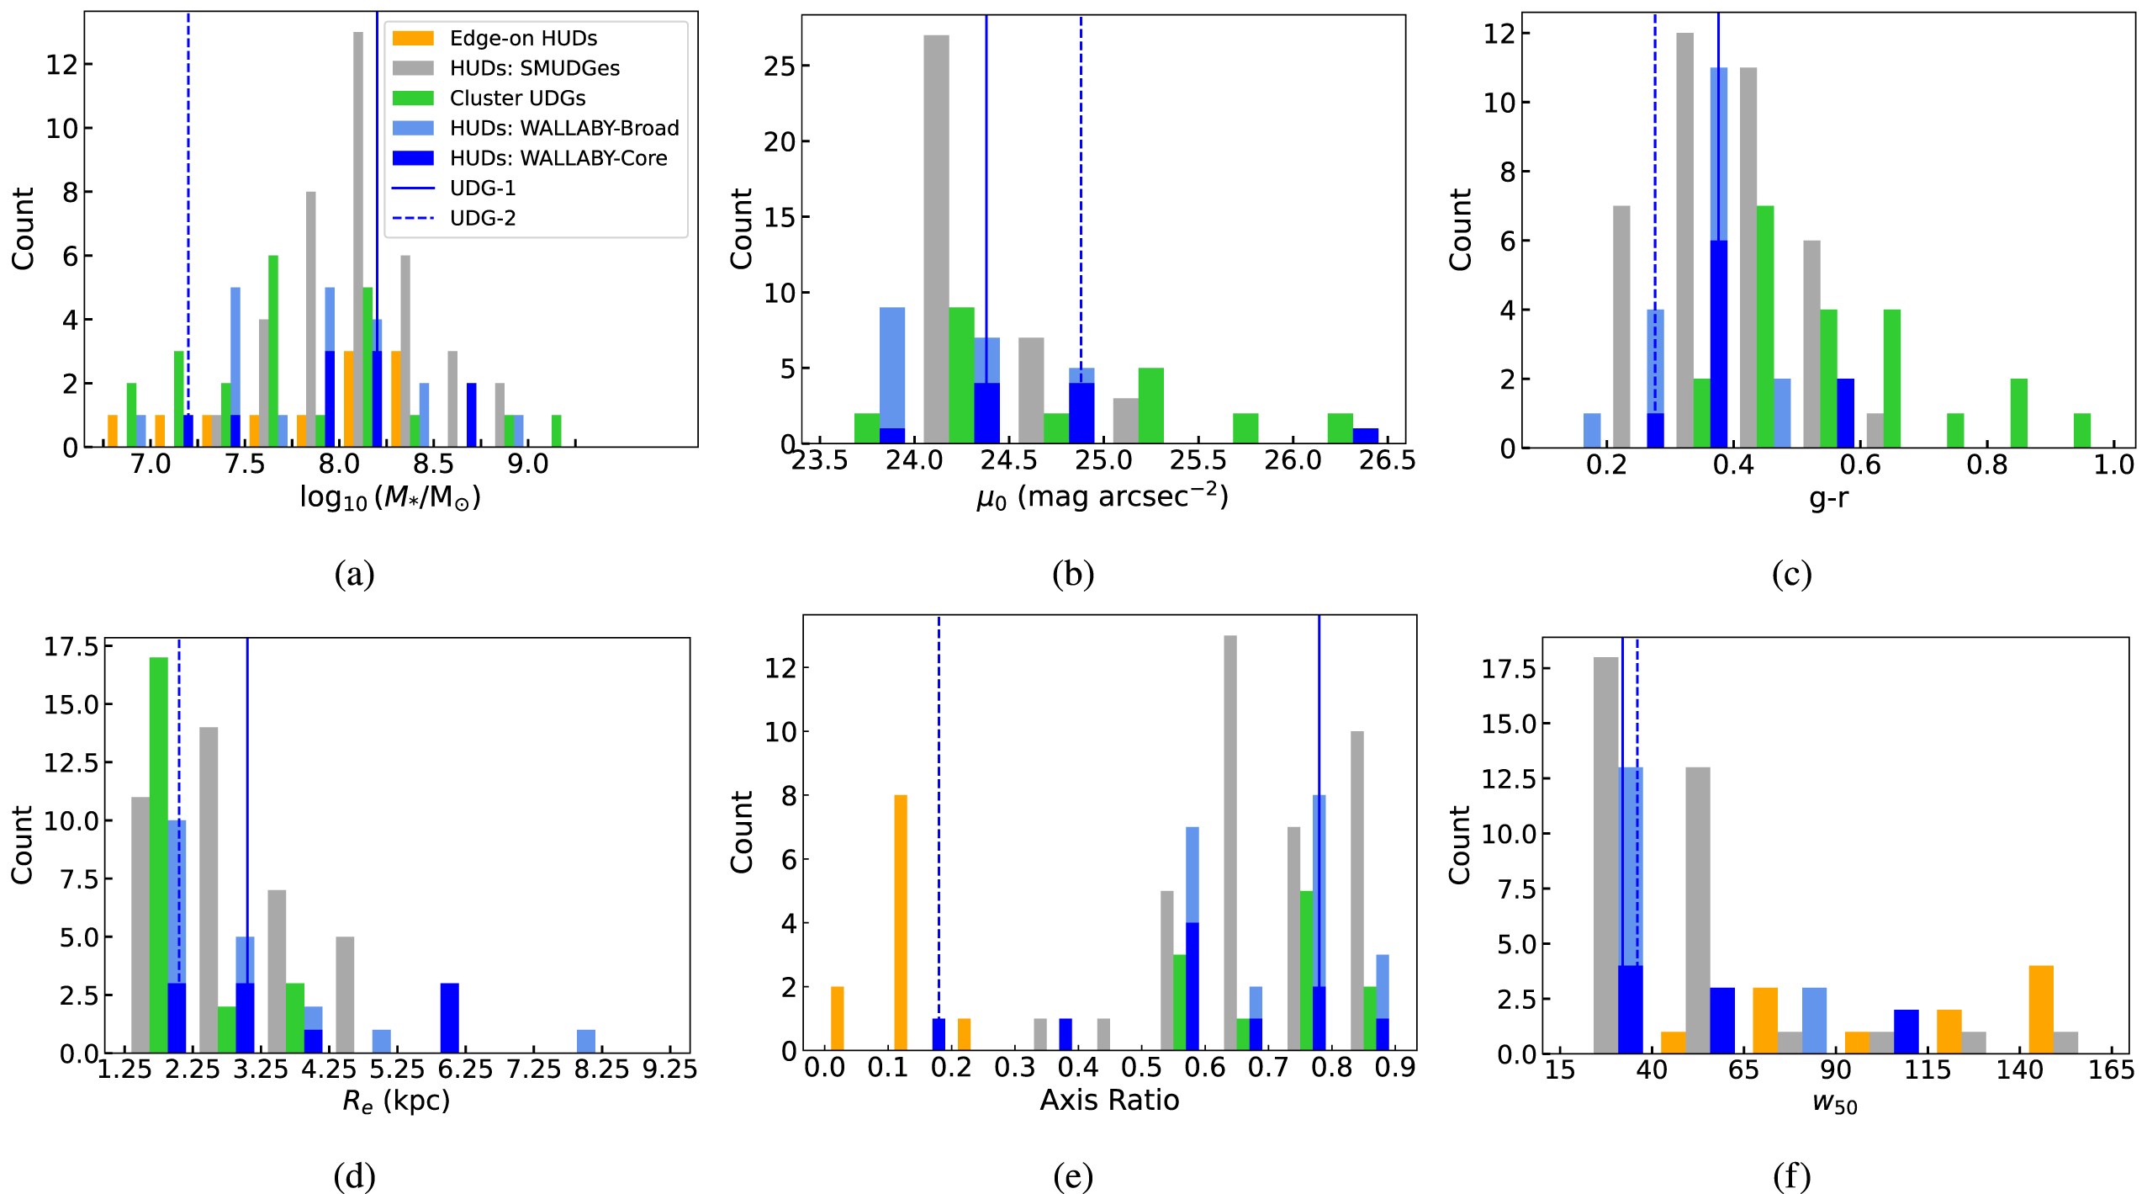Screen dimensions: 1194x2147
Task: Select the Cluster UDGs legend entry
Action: [517, 98]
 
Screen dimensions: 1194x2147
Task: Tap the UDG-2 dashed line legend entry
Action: [483, 218]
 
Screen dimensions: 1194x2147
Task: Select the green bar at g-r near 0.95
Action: [2082, 431]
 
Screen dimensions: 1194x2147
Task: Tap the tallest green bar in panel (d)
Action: [159, 854]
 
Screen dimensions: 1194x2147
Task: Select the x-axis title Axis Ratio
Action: [1109, 1100]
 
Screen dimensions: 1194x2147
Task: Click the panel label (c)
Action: [1791, 574]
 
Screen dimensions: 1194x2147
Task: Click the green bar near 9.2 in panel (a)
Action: [556, 431]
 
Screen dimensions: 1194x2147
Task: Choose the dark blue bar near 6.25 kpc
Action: [450, 1018]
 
